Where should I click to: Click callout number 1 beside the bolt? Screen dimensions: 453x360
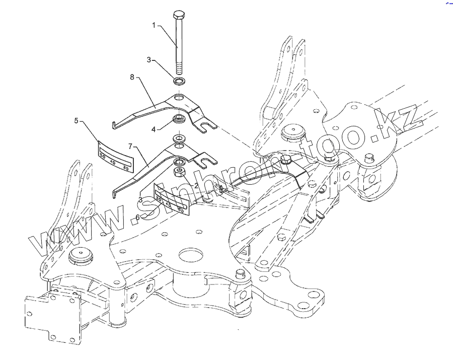point(154,24)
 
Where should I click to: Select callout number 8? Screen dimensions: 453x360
point(132,77)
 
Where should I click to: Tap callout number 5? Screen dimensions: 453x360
point(76,120)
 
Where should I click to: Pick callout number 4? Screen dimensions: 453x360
point(154,129)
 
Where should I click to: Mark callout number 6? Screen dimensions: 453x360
point(137,217)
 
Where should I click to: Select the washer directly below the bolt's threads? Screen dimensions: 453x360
point(180,81)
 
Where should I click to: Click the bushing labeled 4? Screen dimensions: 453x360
point(179,120)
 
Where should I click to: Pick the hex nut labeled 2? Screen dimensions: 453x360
point(179,174)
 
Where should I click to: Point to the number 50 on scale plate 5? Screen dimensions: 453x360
point(103,157)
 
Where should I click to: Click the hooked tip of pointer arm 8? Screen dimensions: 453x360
point(114,123)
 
